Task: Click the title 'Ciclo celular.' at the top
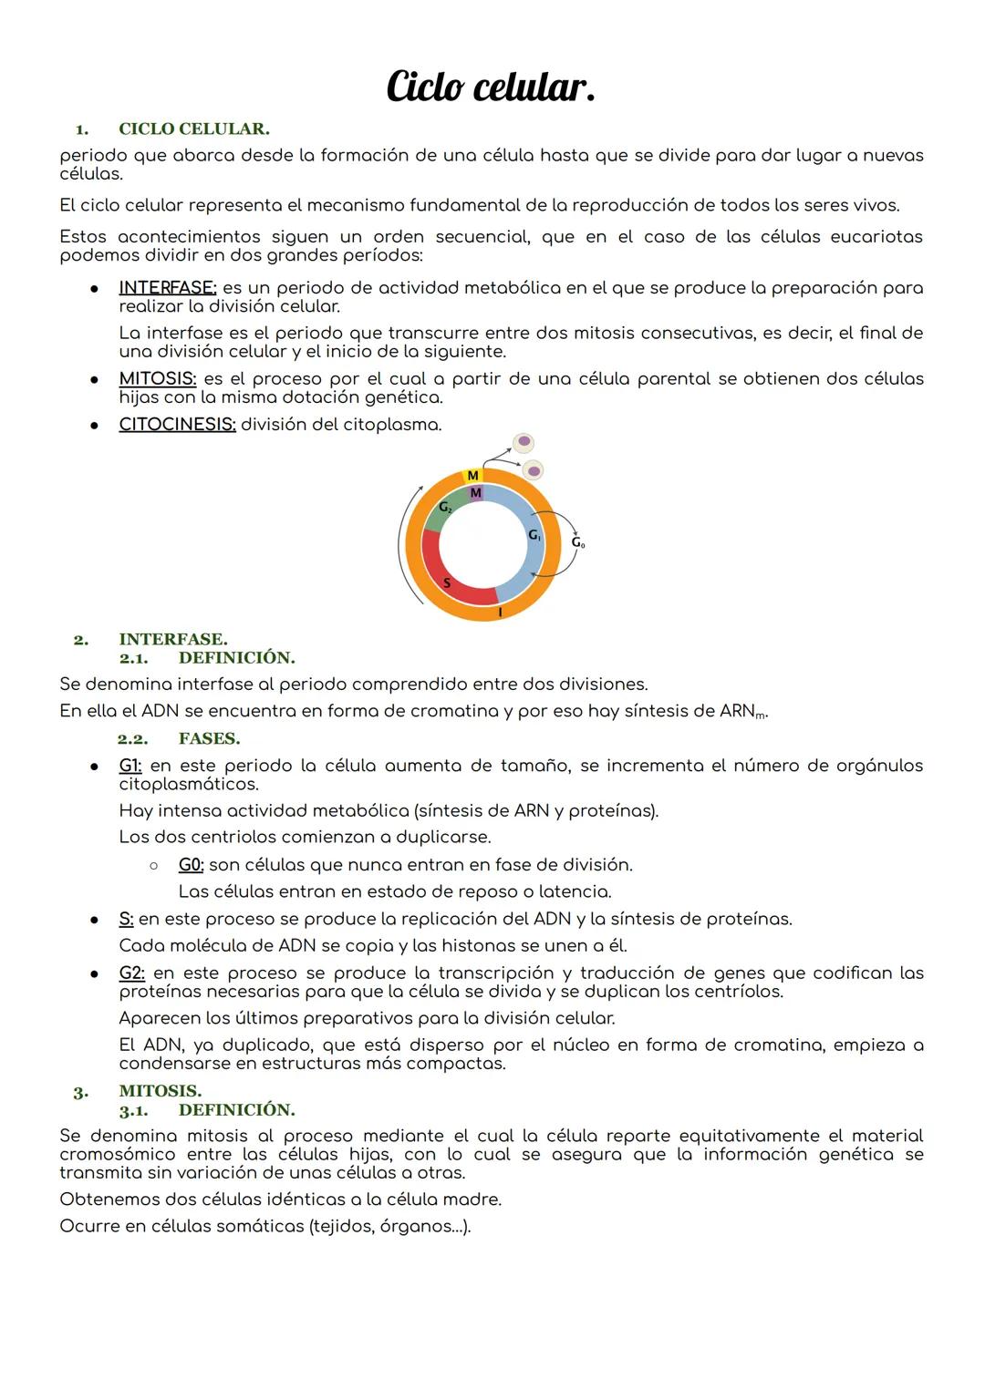(x=491, y=88)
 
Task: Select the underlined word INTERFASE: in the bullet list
(x=167, y=288)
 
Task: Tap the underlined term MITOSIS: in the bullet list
(x=157, y=378)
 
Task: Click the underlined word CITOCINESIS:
(x=177, y=425)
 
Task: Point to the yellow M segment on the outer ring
(x=472, y=476)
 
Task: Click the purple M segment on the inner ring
(x=475, y=493)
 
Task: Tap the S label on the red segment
(x=446, y=583)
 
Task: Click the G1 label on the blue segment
(x=534, y=536)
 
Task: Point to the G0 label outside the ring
(x=578, y=543)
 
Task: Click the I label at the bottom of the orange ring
(x=500, y=613)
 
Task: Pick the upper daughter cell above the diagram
(x=524, y=442)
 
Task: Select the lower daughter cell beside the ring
(x=533, y=470)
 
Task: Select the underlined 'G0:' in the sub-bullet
(x=191, y=864)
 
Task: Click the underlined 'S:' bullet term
(x=126, y=919)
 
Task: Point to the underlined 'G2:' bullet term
(x=131, y=973)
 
